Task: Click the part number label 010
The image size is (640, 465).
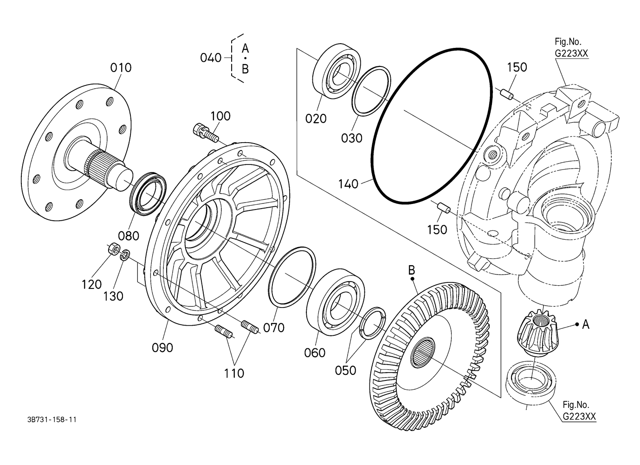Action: [121, 68]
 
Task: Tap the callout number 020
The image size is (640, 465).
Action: [316, 118]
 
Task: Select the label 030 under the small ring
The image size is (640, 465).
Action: [352, 138]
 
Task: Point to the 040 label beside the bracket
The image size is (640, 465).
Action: [211, 58]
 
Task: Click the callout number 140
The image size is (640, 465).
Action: [348, 184]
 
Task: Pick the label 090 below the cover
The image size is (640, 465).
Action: [162, 348]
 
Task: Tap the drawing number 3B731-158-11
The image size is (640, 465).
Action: [52, 419]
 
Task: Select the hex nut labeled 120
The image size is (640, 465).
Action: [114, 249]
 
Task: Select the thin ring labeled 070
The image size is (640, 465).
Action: [292, 277]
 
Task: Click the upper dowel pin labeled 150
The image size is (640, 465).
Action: [507, 95]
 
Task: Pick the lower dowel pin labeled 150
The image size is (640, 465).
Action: [444, 208]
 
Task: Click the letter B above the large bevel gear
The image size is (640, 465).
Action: [411, 270]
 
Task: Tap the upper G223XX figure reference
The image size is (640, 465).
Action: [571, 53]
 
